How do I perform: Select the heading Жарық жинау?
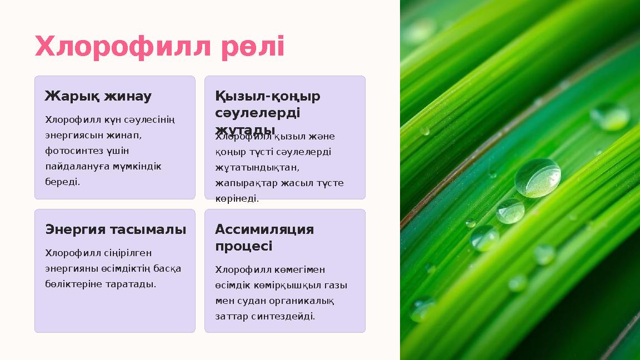98,96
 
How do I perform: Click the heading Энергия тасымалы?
116,229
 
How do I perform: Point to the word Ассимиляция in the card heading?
264,229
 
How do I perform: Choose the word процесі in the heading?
243,246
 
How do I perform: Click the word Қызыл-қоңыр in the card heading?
268,96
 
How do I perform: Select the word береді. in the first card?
62,182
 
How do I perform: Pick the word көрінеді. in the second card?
237,198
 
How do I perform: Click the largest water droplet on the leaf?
537,178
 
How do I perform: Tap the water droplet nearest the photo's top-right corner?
609,116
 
